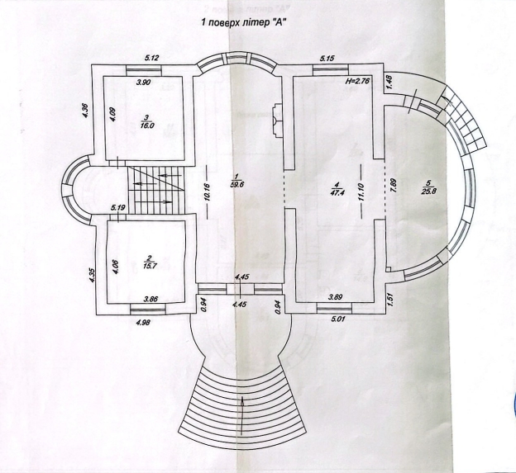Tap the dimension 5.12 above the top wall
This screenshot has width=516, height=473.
coord(151,57)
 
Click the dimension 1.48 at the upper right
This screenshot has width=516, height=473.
coord(389,82)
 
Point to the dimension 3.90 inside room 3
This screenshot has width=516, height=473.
coord(143,83)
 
